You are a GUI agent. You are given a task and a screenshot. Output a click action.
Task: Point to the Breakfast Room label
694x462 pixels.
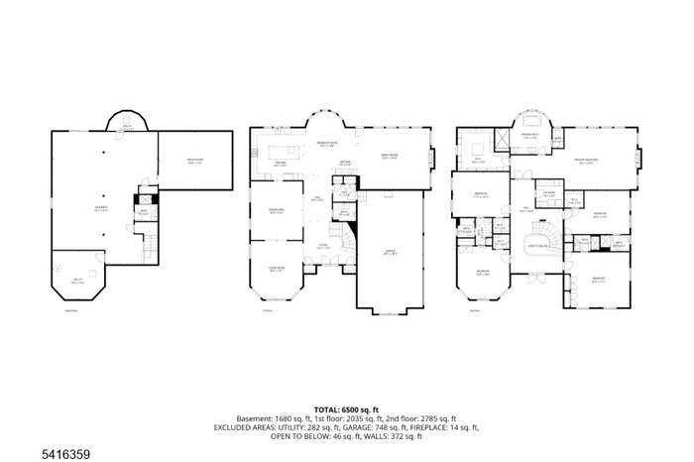pos(324,146)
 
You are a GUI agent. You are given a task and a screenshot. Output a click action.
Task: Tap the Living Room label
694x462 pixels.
pos(276,269)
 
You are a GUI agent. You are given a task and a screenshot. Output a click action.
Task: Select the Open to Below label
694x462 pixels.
pos(536,245)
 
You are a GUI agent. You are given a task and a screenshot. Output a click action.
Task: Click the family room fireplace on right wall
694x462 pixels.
pos(431,157)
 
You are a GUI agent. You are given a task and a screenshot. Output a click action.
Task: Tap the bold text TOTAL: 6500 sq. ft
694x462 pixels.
pos(347,409)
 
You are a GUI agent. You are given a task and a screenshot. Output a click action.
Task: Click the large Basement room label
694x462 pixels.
pos(102,209)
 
